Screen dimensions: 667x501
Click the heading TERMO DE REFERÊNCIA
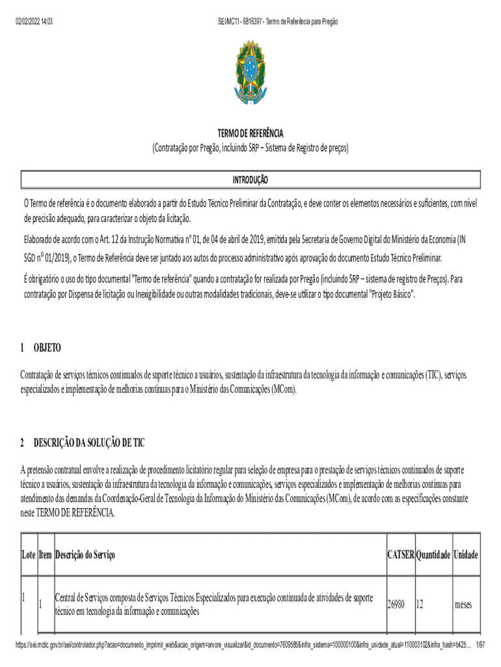[251, 134]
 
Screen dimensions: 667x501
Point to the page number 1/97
[481, 644]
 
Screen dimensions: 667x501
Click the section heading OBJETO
[47, 348]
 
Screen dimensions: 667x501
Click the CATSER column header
[400, 556]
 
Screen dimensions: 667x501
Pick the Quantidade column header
[433, 556]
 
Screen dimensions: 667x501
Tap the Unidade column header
[466, 556]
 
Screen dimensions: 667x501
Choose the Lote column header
[29, 556]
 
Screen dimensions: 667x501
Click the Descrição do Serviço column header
[85, 556]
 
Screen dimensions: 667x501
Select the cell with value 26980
[396, 605]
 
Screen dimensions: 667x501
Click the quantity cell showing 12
[420, 605]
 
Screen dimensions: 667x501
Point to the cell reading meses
[463, 605]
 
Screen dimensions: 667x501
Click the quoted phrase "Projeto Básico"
[392, 294]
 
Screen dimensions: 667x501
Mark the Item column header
[45, 556]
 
